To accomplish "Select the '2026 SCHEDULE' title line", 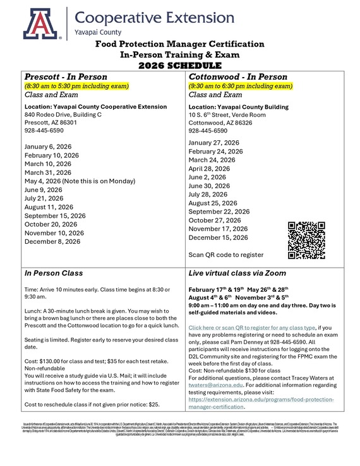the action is [181, 64].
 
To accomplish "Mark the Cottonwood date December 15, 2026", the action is [218, 237].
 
